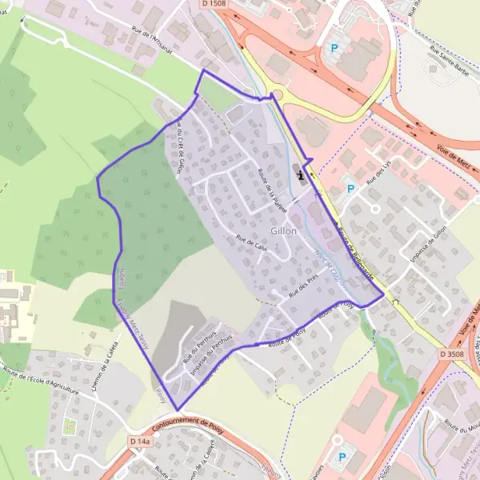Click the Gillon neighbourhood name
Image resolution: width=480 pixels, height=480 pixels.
[x=283, y=231]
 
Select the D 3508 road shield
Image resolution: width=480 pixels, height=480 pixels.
[x=451, y=352]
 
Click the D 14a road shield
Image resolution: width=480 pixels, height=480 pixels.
[x=139, y=441]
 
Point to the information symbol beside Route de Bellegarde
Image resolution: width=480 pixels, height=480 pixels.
[x=299, y=170]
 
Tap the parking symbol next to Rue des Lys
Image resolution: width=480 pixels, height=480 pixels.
[x=349, y=189]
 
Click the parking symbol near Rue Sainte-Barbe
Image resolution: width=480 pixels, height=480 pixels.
[x=333, y=49]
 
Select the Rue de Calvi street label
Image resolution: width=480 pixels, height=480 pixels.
[x=251, y=242]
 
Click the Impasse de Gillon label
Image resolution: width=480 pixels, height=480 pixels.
[x=427, y=244]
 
